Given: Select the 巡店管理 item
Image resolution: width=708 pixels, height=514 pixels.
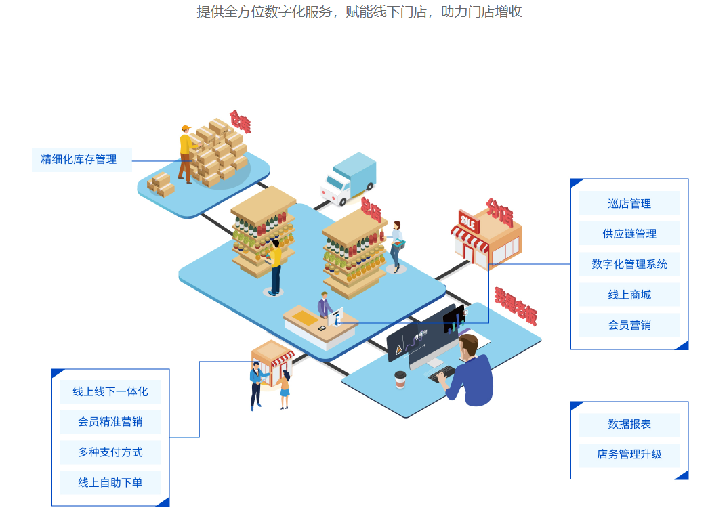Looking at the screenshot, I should pos(629,203).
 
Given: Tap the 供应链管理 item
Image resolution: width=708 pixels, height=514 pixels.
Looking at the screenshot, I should pos(629,234).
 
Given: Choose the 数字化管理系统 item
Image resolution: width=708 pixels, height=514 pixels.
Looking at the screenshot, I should pos(629,264).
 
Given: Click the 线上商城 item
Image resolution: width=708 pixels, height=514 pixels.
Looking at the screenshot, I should pos(629,295).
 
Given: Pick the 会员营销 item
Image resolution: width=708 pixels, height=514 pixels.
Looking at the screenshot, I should pos(629,325).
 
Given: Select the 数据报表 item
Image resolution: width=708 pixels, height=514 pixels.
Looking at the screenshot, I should pos(629,425).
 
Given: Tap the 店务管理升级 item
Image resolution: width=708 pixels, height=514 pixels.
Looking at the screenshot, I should pos(629,454).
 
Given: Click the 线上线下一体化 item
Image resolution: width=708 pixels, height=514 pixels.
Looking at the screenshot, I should pos(110,391).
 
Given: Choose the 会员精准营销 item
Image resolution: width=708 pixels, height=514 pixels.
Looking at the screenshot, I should pos(110,422).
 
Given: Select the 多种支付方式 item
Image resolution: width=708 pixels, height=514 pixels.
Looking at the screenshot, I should pos(110,452).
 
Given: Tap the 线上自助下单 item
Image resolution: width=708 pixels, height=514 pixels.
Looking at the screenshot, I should pos(110,483).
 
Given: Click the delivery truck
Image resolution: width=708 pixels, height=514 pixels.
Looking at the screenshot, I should pos(348,179).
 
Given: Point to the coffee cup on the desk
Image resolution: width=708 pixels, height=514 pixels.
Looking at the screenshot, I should pos(400,379).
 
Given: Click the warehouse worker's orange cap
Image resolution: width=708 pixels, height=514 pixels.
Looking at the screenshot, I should pos(186,128).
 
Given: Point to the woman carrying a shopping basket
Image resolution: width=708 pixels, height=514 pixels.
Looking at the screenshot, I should pos(396,244).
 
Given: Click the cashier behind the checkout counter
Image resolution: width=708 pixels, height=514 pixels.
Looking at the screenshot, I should pos(325,306).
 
